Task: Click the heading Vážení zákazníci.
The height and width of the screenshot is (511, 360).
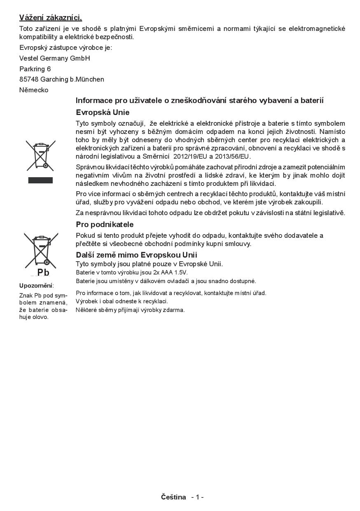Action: pyautogui.click(x=51, y=18)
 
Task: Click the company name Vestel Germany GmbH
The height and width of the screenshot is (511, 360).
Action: pyautogui.click(x=54, y=58)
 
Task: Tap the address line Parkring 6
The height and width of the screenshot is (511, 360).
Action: pyautogui.click(x=35, y=69)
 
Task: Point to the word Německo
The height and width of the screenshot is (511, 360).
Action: pyautogui.click(x=34, y=90)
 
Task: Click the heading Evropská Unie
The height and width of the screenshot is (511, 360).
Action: pyautogui.click(x=103, y=113)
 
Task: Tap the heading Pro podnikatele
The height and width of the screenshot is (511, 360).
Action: pyautogui.click(x=105, y=225)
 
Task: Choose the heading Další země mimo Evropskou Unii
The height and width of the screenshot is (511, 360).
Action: pyautogui.click(x=136, y=255)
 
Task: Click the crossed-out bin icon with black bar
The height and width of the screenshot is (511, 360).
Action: pyautogui.click(x=40, y=155)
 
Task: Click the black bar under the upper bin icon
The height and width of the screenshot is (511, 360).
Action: pyautogui.click(x=40, y=180)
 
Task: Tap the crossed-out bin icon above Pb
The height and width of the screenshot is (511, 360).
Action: pyautogui.click(x=40, y=250)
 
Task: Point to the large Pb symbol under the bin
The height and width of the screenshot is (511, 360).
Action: pyautogui.click(x=43, y=272)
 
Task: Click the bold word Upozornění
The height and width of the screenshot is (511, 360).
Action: pyautogui.click(x=36, y=286)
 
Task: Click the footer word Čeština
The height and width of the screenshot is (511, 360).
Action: pyautogui.click(x=173, y=497)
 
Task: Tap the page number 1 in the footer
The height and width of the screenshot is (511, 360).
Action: pyautogui.click(x=197, y=497)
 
